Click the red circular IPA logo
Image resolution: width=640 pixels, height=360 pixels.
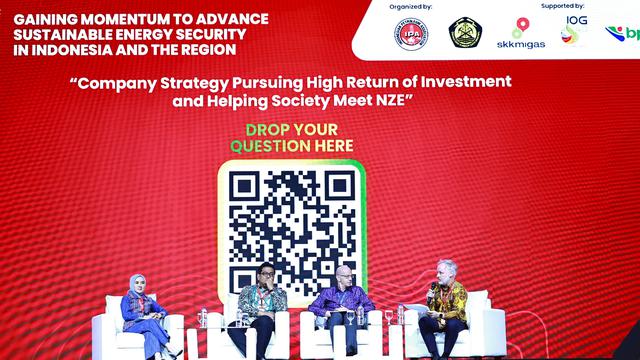(410, 33)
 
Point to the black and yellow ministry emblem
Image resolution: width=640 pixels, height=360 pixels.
(465, 33)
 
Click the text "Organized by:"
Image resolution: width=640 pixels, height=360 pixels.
(411, 6)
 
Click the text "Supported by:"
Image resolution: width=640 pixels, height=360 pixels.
(563, 6)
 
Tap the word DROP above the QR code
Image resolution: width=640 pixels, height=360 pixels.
(267, 130)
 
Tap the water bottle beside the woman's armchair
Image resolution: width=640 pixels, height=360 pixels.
(201, 318)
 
